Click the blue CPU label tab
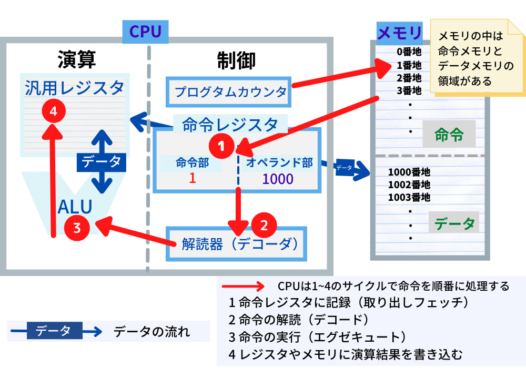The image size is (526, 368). click(145, 32)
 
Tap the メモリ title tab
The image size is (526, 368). click(400, 34)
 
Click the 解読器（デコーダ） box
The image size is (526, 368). click(236, 244)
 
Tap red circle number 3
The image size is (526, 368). click(77, 228)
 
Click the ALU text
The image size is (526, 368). click(75, 206)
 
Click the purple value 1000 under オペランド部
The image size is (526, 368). click(278, 179)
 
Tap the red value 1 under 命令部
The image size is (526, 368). click(192, 178)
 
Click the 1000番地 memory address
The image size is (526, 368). click(409, 172)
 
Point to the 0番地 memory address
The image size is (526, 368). click(409, 52)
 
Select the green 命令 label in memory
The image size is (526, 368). click(449, 135)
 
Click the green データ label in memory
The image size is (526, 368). click(454, 223)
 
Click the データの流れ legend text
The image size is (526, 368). click(152, 332)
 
